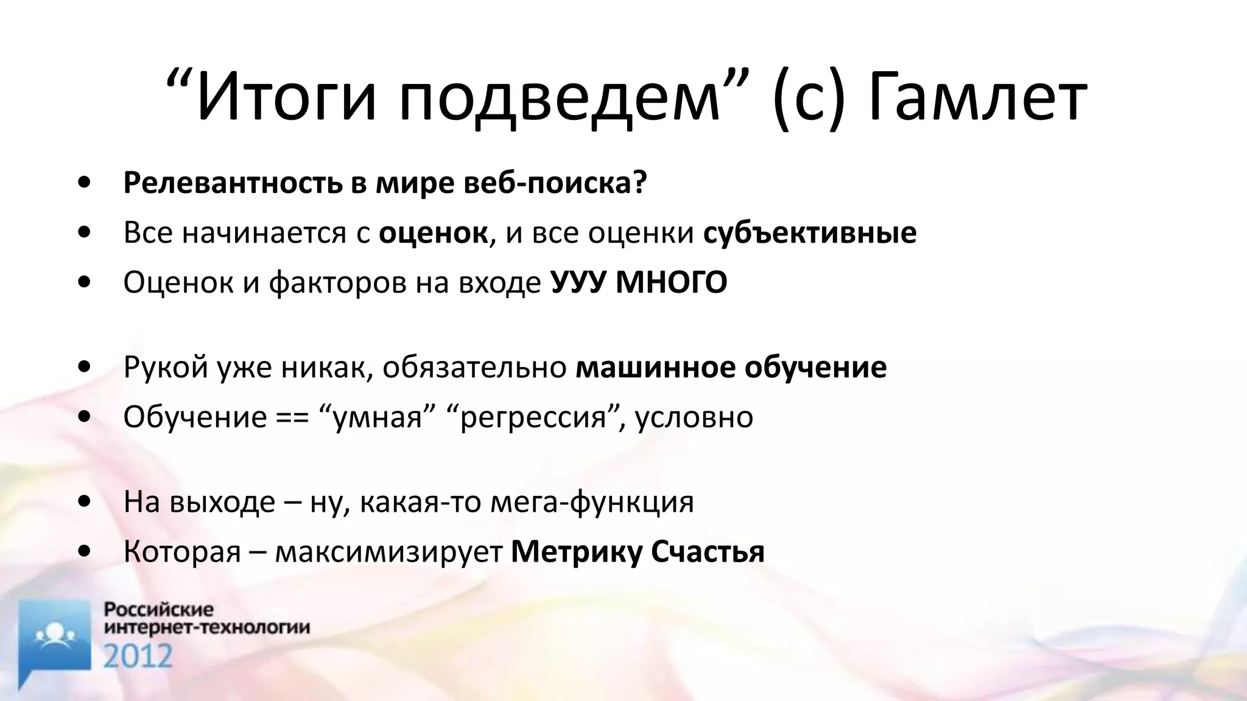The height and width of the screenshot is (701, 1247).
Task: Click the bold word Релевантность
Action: click(x=233, y=183)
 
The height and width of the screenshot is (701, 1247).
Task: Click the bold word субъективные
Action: click(x=810, y=233)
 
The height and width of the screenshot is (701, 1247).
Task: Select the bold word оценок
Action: click(x=433, y=233)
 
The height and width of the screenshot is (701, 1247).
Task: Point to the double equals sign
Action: click(x=292, y=417)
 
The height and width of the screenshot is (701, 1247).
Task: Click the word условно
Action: click(x=694, y=417)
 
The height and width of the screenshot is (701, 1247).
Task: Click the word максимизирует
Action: click(x=388, y=552)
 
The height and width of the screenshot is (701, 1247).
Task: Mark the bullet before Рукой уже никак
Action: click(x=85, y=368)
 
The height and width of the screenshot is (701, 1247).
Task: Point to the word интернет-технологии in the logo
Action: click(x=207, y=627)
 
